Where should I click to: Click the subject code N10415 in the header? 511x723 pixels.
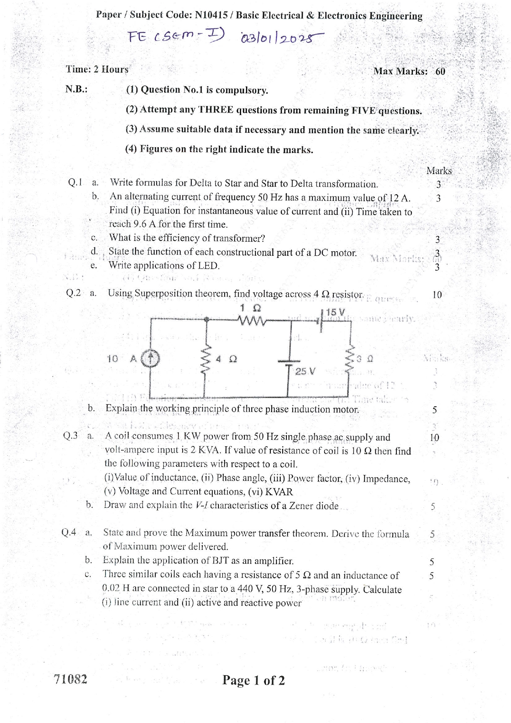click(x=211, y=15)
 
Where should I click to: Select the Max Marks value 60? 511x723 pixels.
click(x=440, y=71)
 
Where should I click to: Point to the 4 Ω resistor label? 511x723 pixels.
click(x=227, y=359)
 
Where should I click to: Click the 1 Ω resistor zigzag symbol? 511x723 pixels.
click(x=251, y=319)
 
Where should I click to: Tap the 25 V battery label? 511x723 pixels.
click(x=305, y=371)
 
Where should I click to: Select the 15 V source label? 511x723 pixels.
click(x=335, y=312)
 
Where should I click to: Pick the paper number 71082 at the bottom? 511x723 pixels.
click(x=70, y=679)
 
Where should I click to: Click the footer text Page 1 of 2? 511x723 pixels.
click(x=253, y=680)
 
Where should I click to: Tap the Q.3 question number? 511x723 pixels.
click(x=70, y=436)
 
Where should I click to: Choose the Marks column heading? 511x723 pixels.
click(x=439, y=171)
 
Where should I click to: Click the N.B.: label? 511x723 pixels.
click(x=76, y=89)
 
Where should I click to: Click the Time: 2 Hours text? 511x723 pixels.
click(x=97, y=69)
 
